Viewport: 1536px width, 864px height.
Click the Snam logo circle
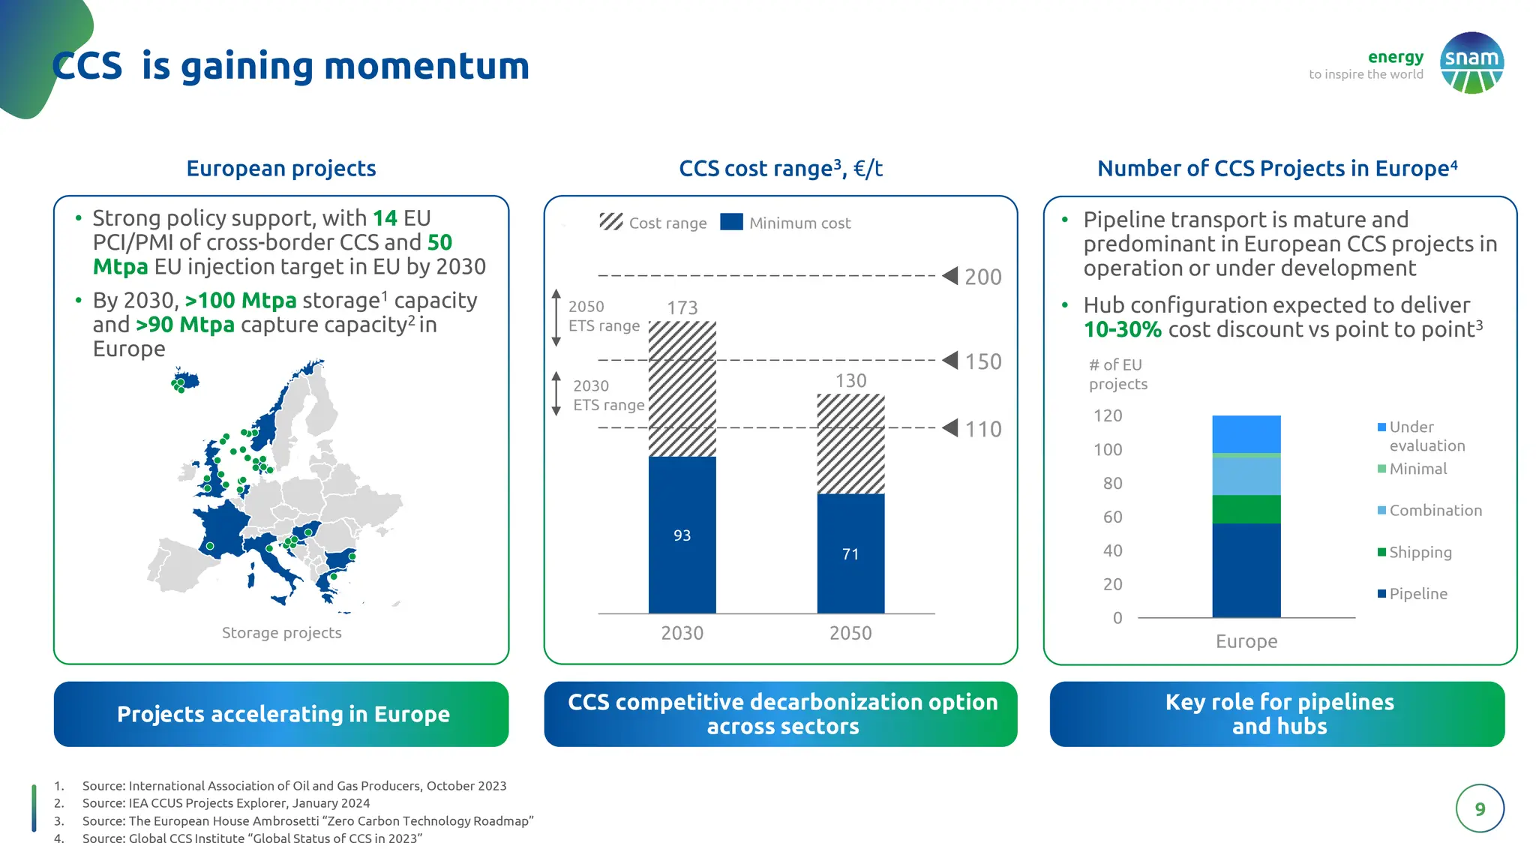click(x=1471, y=63)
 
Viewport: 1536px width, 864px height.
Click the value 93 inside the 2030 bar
click(x=682, y=535)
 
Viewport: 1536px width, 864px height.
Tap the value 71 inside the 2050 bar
click(x=850, y=554)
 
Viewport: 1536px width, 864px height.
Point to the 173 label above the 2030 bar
click(x=682, y=307)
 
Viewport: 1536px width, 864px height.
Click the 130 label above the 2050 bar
click(x=850, y=381)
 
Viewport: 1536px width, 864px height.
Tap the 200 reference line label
click(x=982, y=277)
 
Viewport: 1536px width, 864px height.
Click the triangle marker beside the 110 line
click(x=950, y=428)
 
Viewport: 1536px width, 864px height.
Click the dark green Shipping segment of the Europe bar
click(x=1246, y=509)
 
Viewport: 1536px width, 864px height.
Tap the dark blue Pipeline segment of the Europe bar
click(x=1246, y=570)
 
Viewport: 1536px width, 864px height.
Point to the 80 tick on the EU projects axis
click(x=1112, y=483)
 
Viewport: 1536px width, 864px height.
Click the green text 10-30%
click(x=1122, y=329)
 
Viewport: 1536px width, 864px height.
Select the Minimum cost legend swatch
click(x=731, y=222)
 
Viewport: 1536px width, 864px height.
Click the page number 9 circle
click(x=1479, y=808)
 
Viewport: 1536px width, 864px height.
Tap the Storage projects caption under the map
click(x=281, y=633)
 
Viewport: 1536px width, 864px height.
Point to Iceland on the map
click(x=184, y=379)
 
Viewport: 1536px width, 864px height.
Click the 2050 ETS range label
click(x=603, y=316)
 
